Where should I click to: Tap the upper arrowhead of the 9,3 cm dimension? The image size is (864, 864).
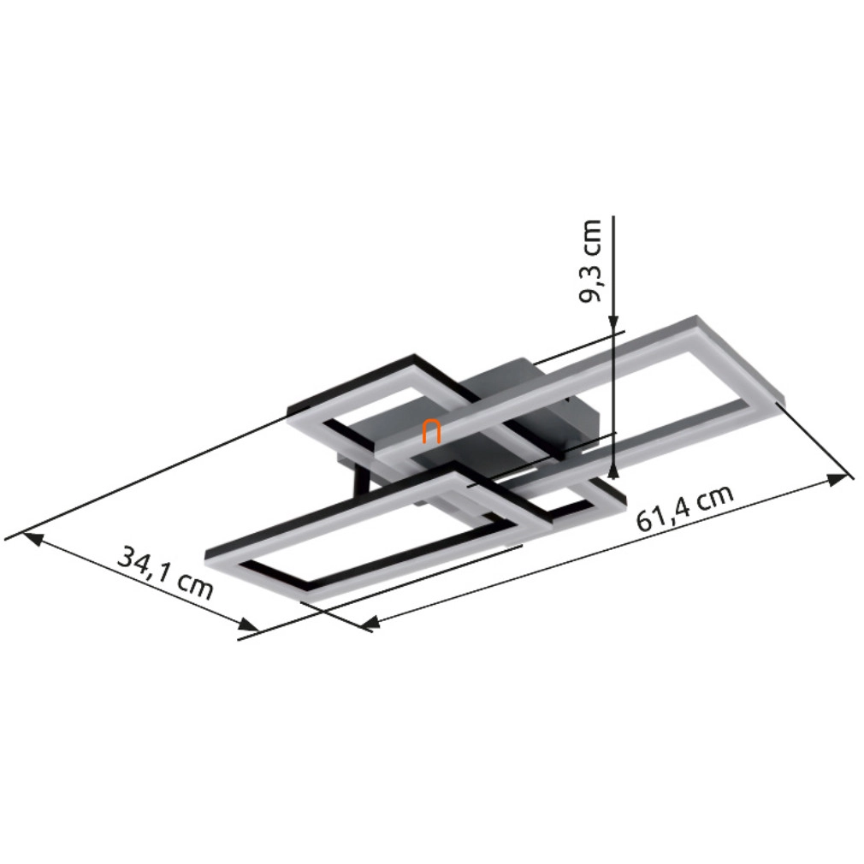tap(614, 326)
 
